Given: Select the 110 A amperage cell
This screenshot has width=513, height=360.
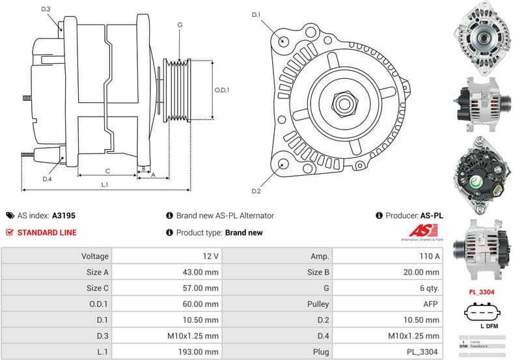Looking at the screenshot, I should tap(427, 256).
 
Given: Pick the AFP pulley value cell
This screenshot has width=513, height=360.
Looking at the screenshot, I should tap(429, 303).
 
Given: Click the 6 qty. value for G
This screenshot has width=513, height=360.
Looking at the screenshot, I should tap(427, 288).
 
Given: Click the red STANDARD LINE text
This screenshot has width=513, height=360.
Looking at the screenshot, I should tap(47, 232).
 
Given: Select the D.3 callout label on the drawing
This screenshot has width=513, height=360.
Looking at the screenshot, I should tap(46, 9).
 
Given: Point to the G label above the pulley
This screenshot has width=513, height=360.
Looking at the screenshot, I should tap(180, 25).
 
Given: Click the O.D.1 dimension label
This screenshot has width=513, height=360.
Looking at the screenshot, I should tap(223, 90).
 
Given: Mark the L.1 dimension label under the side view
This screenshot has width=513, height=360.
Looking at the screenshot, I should tap(105, 186).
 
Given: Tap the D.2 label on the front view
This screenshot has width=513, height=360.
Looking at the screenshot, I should tap(256, 191).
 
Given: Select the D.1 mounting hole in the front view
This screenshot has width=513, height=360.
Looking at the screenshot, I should tap(284, 40).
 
